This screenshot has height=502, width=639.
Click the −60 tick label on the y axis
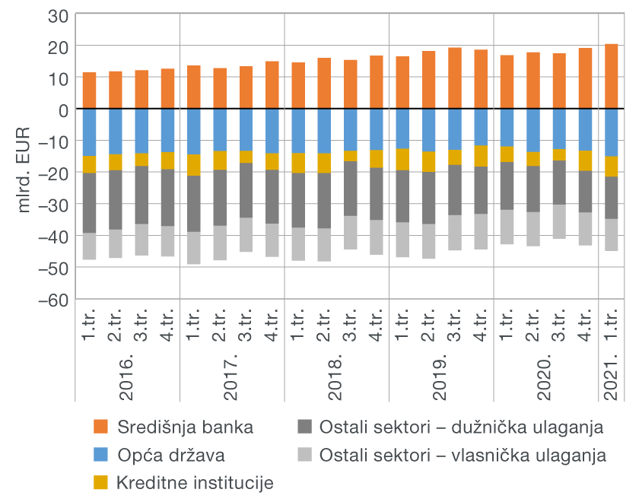tap(53, 300)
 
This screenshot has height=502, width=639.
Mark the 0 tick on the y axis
tap(64, 110)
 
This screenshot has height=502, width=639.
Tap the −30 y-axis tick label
tap(53, 205)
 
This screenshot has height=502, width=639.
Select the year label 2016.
tap(127, 376)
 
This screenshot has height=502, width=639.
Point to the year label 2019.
tap(440, 376)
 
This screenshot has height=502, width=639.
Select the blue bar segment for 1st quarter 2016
tap(90, 132)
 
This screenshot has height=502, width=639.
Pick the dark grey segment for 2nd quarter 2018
tap(325, 201)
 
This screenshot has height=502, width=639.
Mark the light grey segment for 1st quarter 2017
tap(194, 248)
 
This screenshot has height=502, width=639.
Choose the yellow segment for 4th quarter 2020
tap(586, 160)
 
